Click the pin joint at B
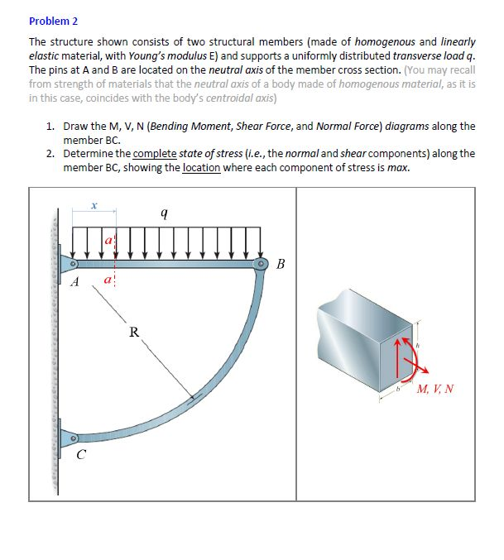point(263,264)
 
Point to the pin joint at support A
point(74,264)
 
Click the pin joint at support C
point(74,437)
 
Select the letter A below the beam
point(74,283)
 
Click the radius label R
point(133,333)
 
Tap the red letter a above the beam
point(108,240)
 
